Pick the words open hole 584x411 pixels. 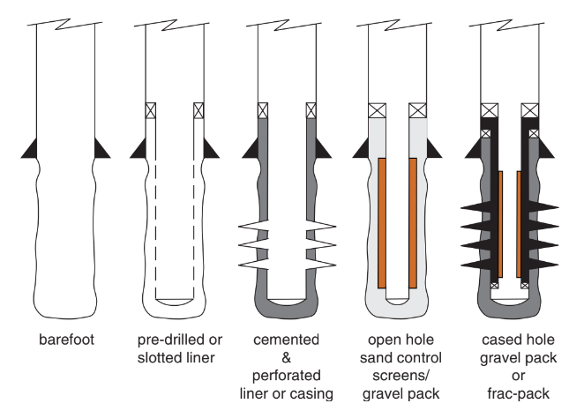[395, 339]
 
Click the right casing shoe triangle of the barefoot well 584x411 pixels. [102, 147]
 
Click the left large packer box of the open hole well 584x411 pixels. [375, 111]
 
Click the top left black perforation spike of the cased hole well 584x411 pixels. [474, 209]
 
